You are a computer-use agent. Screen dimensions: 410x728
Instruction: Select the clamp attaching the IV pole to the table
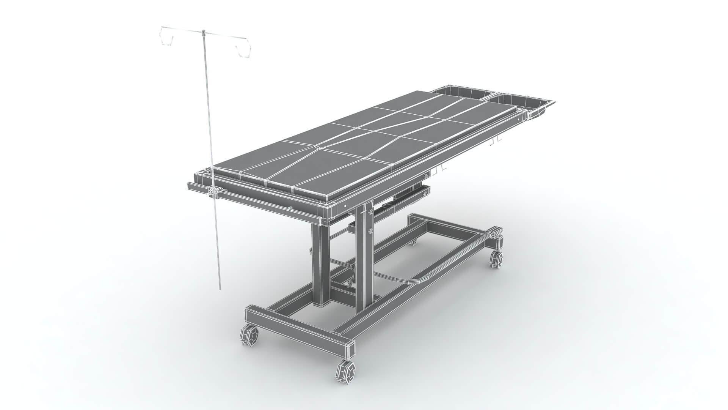214,192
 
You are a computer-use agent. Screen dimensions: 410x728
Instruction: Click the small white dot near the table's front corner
345,205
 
